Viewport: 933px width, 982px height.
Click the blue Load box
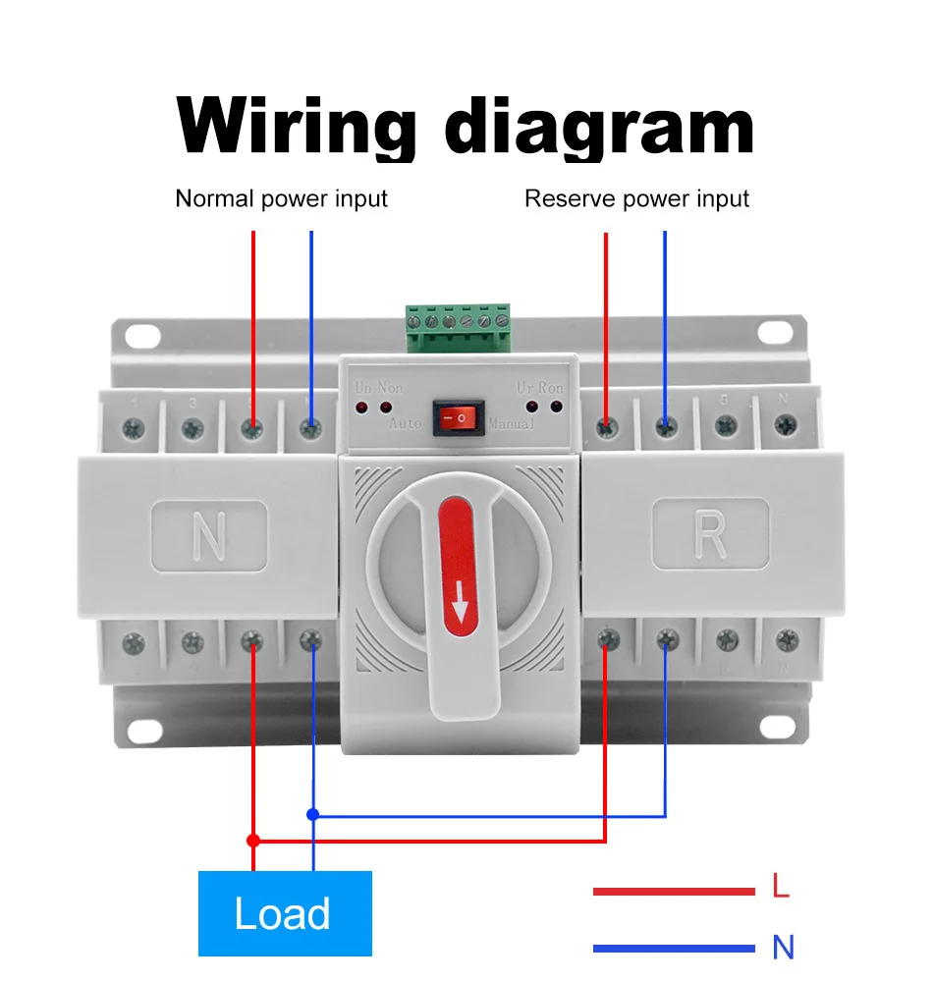(285, 913)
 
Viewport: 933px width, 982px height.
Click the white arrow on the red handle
(459, 609)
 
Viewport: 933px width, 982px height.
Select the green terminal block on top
(459, 328)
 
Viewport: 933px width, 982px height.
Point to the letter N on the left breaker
(208, 536)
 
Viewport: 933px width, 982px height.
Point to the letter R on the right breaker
(709, 534)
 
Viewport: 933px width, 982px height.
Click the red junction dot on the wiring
(252, 841)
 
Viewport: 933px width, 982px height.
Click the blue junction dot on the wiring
(312, 814)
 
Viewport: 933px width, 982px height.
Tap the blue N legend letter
(783, 948)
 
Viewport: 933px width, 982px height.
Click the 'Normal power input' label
(281, 198)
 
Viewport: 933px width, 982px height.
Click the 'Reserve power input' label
(636, 198)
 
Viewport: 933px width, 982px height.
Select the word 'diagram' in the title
(599, 125)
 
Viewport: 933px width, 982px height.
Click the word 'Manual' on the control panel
(512, 424)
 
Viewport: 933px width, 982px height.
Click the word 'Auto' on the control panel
(405, 424)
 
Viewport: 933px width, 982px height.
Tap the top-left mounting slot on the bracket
(142, 335)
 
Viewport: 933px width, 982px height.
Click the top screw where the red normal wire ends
(253, 427)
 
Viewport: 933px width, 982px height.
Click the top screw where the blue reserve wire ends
(666, 427)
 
